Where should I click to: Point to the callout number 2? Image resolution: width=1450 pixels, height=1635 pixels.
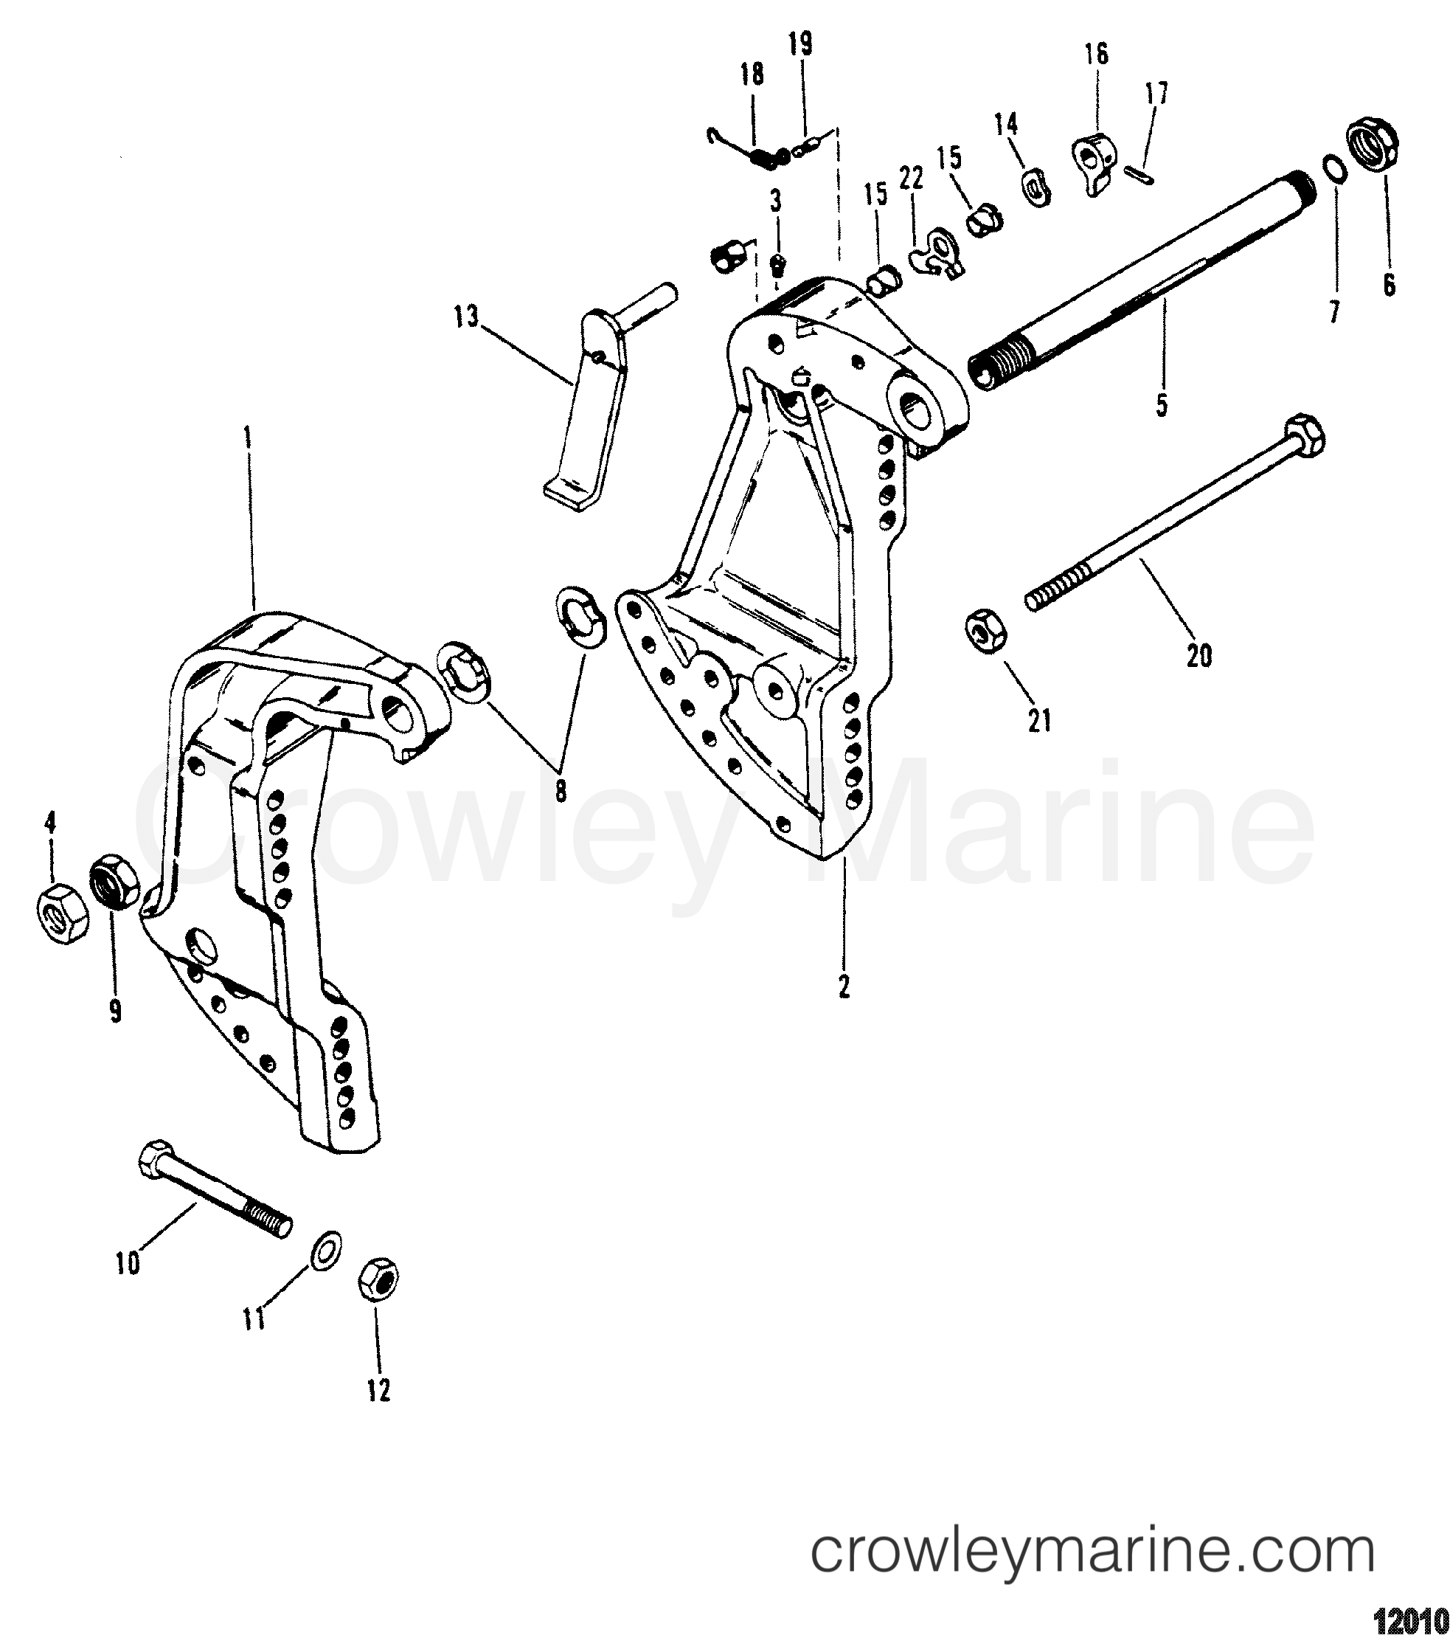click(843, 989)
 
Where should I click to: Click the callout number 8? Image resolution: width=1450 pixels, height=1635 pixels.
click(561, 790)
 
